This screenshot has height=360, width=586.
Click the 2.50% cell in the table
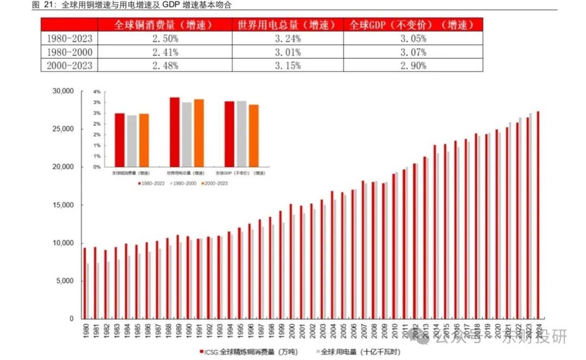tap(165, 39)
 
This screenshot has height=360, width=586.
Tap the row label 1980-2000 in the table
tap(69, 52)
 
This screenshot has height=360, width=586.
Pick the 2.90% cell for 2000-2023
tap(413, 65)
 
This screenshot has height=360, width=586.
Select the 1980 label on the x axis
tap(85, 331)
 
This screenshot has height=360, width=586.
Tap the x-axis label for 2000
tap(291, 331)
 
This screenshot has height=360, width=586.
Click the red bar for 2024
tap(538, 215)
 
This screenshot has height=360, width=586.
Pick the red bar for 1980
tap(85, 283)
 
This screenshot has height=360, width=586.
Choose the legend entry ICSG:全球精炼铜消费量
tap(247, 351)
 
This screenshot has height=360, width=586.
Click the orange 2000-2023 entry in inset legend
tap(215, 184)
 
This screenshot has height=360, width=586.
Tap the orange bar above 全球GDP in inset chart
tap(253, 136)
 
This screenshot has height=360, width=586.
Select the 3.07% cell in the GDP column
tap(413, 52)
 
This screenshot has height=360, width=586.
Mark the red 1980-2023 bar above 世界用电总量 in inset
tap(175, 132)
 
